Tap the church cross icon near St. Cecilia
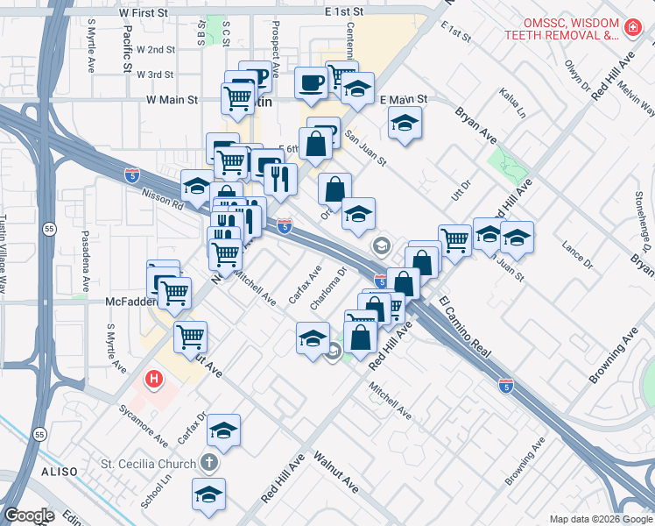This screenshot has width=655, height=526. [x=209, y=462]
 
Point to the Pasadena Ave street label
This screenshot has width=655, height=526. [x=86, y=261]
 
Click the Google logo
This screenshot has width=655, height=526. [x=29, y=515]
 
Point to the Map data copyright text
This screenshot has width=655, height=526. [x=600, y=519]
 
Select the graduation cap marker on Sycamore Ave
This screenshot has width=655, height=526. [x=223, y=430]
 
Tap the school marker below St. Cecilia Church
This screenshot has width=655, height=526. [x=208, y=494]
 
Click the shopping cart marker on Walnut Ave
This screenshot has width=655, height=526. [x=190, y=336]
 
